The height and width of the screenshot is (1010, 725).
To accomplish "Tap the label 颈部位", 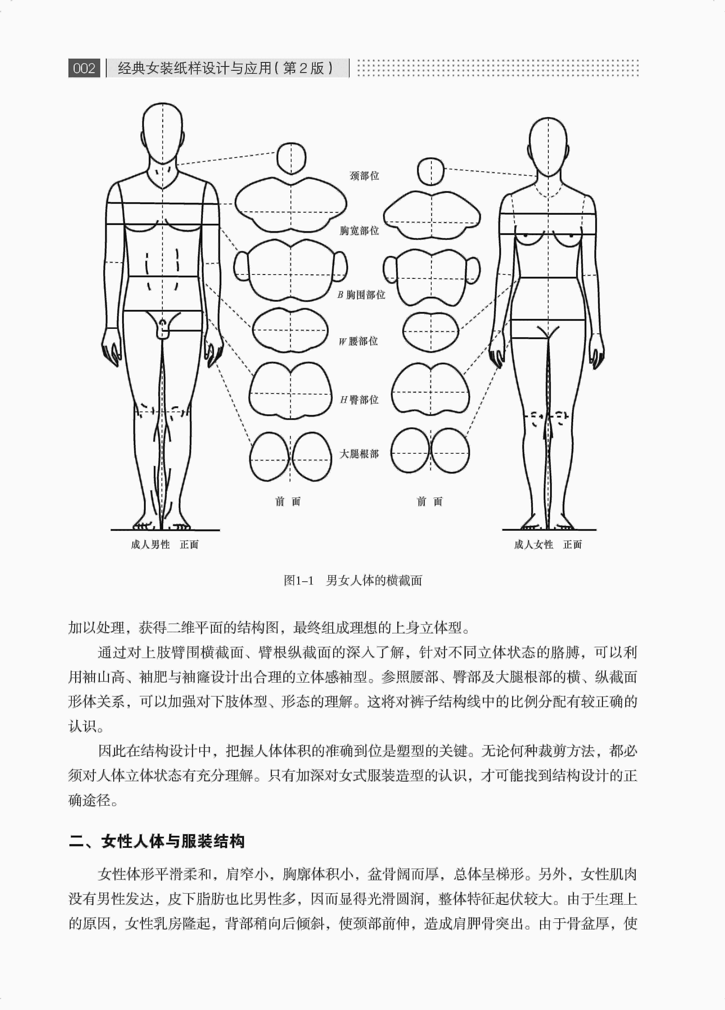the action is (364, 176).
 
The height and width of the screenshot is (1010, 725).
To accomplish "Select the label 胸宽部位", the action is (359, 231).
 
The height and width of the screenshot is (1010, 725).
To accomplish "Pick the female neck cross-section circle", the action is (431, 171).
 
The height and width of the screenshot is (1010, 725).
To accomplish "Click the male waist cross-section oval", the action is (290, 330).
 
